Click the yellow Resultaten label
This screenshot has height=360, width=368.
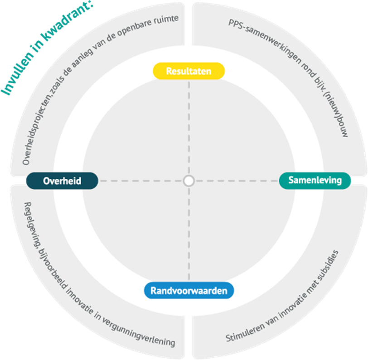coord(189,71)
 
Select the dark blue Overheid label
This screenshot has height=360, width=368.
coord(62,181)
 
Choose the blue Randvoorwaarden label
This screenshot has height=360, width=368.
coord(189,290)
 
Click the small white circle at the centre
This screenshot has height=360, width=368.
coord(189,181)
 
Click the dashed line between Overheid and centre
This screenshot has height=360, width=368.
coord(140,181)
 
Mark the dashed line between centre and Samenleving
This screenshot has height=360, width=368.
coord(236,181)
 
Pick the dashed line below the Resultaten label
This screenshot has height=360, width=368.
coord(189,127)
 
